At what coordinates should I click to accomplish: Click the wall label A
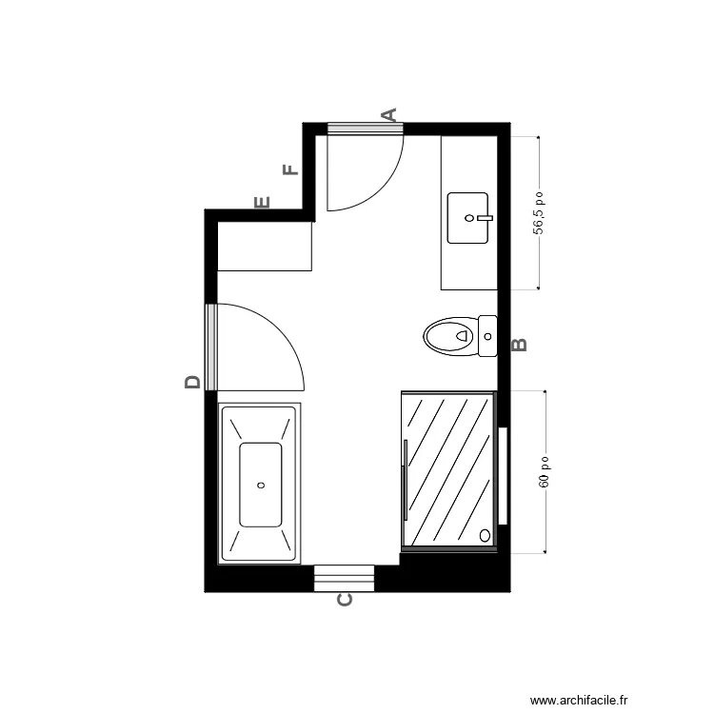click(x=388, y=115)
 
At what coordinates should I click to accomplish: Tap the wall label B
click(x=520, y=345)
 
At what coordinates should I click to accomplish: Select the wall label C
click(x=346, y=600)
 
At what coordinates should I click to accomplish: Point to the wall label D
click(x=193, y=382)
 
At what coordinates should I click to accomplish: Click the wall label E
click(x=263, y=202)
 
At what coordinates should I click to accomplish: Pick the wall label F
click(x=291, y=170)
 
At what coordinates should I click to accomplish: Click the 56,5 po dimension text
click(x=539, y=212)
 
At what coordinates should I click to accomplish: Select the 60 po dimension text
click(x=545, y=471)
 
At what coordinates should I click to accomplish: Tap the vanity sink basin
click(x=467, y=217)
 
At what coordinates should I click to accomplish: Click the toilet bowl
click(x=449, y=336)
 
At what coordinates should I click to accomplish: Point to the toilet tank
click(x=487, y=336)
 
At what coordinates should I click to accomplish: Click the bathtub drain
click(x=261, y=484)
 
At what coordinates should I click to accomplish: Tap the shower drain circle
click(x=485, y=535)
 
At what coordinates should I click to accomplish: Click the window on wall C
click(x=344, y=578)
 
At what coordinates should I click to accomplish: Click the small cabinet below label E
click(x=265, y=247)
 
